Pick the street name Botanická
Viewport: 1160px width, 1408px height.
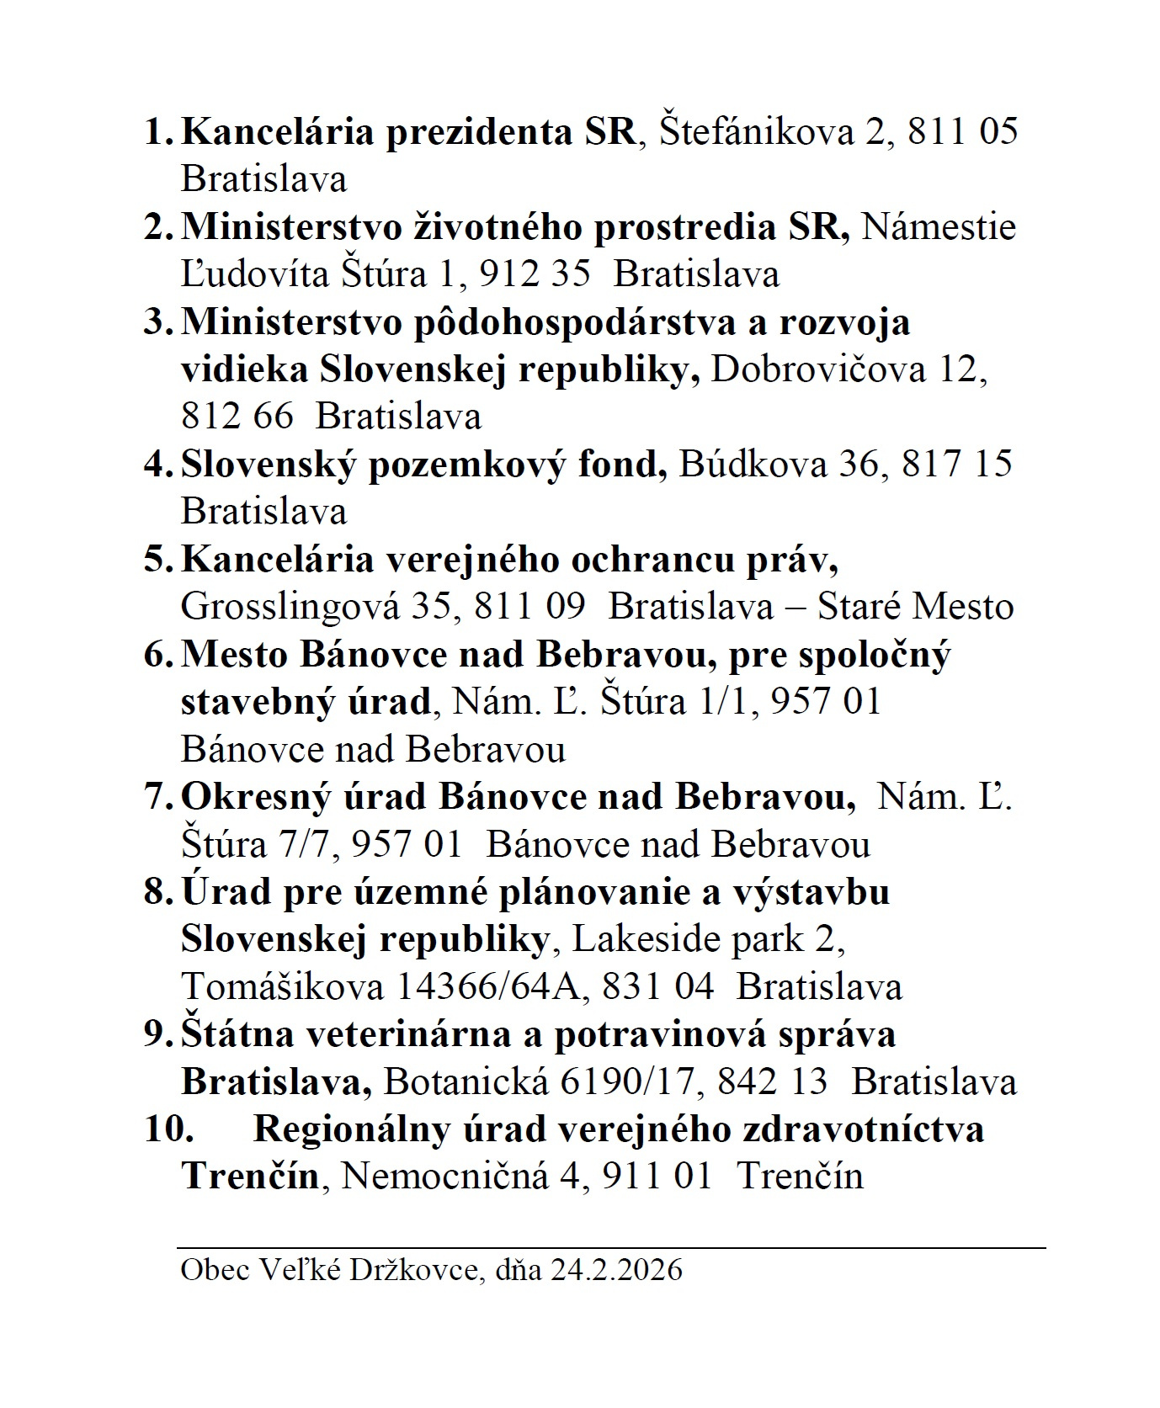466,1081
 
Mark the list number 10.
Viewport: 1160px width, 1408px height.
168,1129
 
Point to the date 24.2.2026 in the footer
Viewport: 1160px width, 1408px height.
616,1269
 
